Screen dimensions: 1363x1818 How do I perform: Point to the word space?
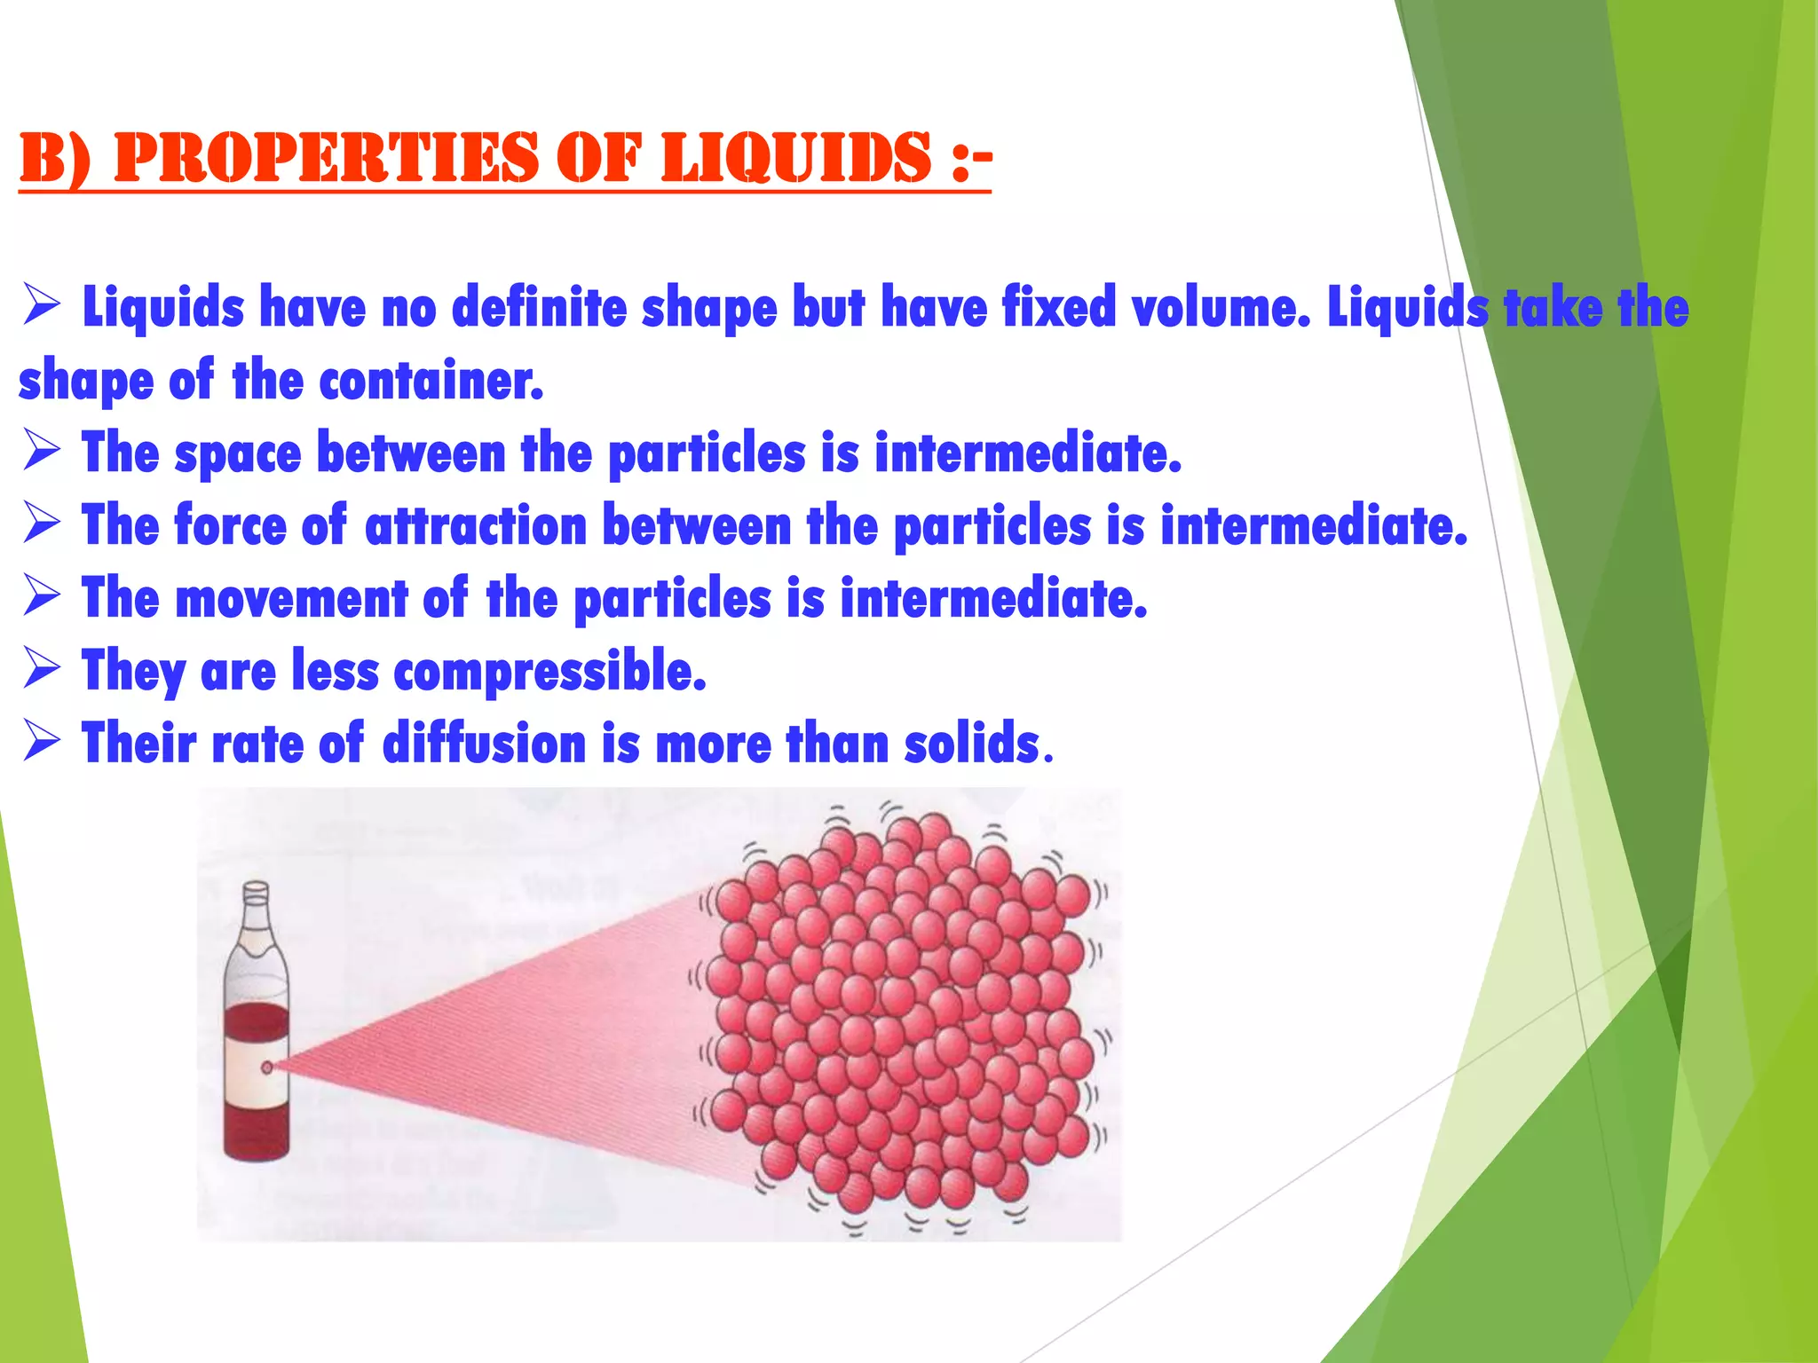(238, 453)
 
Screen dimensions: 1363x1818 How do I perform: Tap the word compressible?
(549, 671)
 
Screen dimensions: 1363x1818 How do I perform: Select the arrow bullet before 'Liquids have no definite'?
(42, 306)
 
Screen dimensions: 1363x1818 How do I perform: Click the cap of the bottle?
(256, 890)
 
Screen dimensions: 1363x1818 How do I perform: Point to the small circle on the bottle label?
(266, 1068)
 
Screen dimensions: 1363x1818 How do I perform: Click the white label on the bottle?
(257, 1069)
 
